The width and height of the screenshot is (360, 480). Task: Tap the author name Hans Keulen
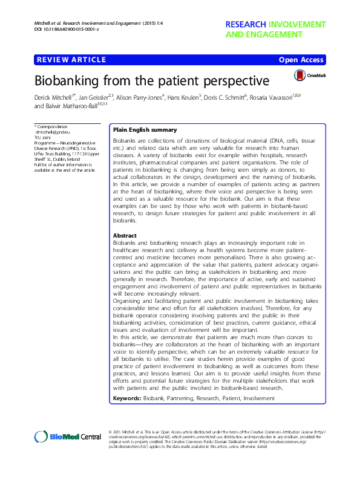[x=184, y=96]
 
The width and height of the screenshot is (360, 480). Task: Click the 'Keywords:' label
[x=129, y=400]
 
